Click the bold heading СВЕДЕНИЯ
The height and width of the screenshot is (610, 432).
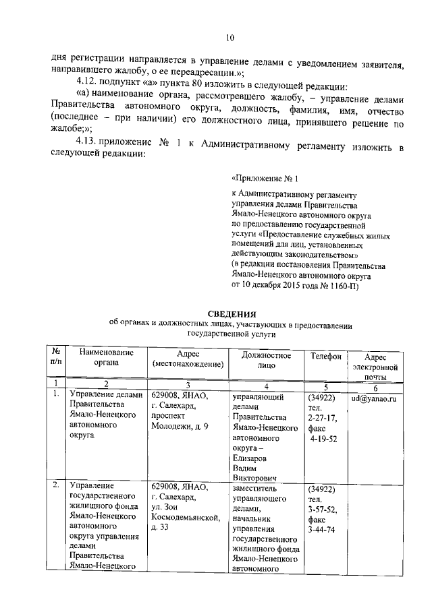[x=231, y=313]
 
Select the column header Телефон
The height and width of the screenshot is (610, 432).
[x=326, y=355]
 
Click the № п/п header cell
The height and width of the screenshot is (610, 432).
[x=57, y=356]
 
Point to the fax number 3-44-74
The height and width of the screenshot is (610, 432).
[x=322, y=530]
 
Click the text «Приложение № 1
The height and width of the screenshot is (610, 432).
[x=265, y=179]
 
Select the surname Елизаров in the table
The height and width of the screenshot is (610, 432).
[x=252, y=459]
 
